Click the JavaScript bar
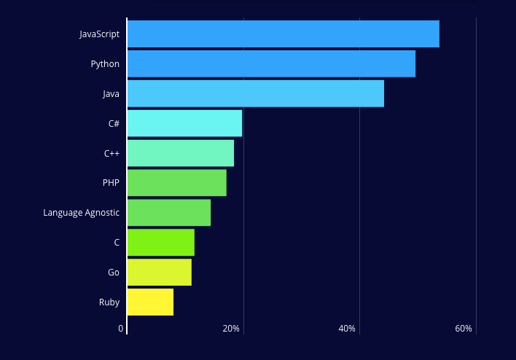(283, 34)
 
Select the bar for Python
(271, 64)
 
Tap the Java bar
(255, 93)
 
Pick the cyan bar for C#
(184, 123)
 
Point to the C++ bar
(180, 153)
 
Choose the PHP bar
(176, 183)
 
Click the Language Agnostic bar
(168, 213)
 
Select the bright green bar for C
(160, 243)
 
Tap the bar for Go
(159, 273)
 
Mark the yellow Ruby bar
(150, 302)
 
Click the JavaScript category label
(99, 34)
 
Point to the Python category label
(105, 64)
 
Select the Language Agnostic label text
(81, 213)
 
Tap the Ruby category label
(109, 302)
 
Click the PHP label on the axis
(111, 183)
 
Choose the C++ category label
(112, 153)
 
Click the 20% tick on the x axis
(231, 329)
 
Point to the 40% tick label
(347, 329)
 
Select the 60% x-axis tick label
(464, 329)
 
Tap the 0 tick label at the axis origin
(121, 329)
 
